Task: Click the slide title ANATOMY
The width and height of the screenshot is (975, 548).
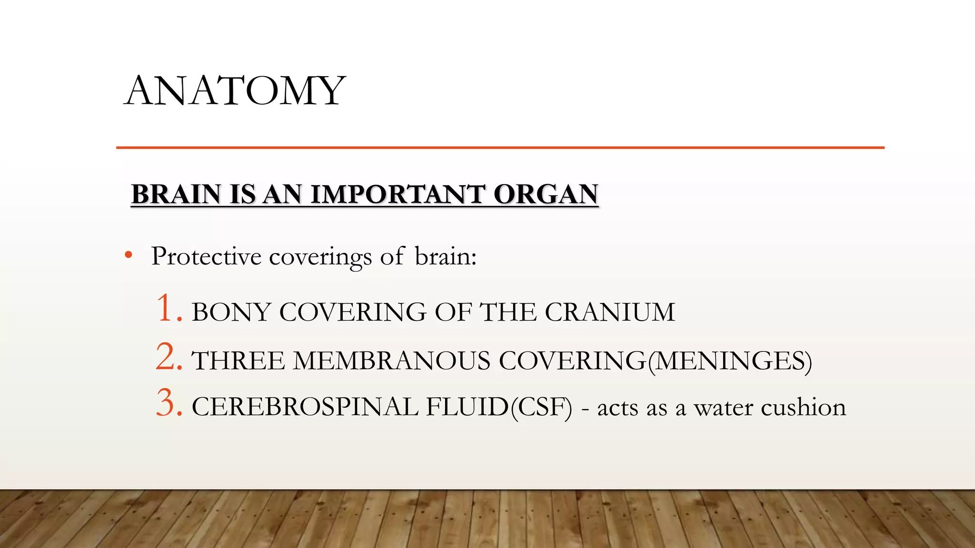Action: (x=235, y=91)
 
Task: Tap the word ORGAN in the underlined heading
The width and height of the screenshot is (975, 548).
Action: (x=546, y=195)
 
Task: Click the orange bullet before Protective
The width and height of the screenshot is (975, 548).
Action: (x=128, y=256)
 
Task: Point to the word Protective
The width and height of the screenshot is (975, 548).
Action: (x=206, y=256)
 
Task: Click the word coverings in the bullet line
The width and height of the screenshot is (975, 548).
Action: (x=320, y=257)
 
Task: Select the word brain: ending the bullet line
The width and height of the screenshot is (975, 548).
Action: (x=446, y=256)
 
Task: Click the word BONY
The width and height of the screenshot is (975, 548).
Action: (x=231, y=313)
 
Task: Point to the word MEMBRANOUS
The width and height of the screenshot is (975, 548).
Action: (x=391, y=361)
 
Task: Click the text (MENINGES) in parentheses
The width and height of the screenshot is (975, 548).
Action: (x=729, y=361)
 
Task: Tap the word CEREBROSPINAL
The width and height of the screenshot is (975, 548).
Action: (x=305, y=408)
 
